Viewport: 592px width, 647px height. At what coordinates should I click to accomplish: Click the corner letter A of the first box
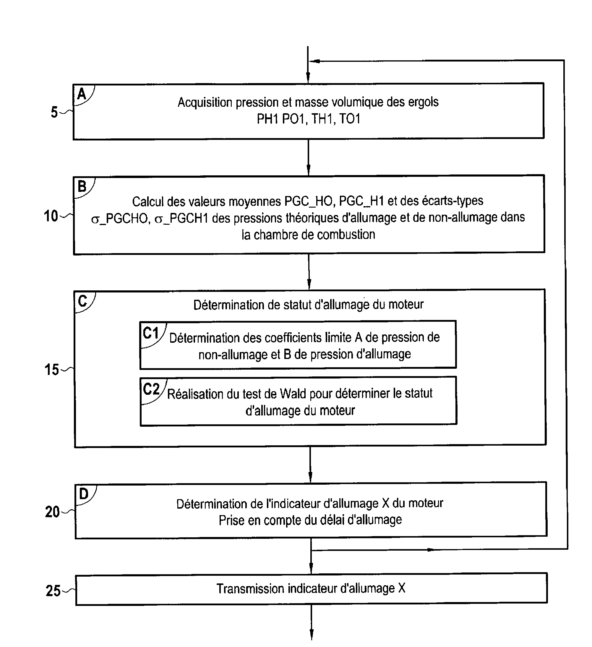[x=82, y=94]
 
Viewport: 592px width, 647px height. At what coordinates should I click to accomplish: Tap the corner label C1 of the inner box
[x=151, y=333]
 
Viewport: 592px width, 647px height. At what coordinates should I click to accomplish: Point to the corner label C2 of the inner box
[x=151, y=389]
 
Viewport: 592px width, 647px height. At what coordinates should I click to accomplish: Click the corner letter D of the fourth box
[x=83, y=494]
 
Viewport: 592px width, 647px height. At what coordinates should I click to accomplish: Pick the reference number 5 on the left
[x=54, y=112]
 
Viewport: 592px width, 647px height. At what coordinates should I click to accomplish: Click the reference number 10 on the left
[x=51, y=216]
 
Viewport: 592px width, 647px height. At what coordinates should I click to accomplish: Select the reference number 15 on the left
[x=51, y=370]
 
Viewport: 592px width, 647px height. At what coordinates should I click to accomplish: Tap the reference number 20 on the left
[x=52, y=512]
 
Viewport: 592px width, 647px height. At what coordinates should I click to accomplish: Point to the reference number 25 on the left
[x=53, y=591]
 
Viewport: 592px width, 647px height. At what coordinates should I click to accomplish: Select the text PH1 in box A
[x=267, y=119]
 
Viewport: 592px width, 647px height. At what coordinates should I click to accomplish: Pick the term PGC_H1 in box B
[x=361, y=201]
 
